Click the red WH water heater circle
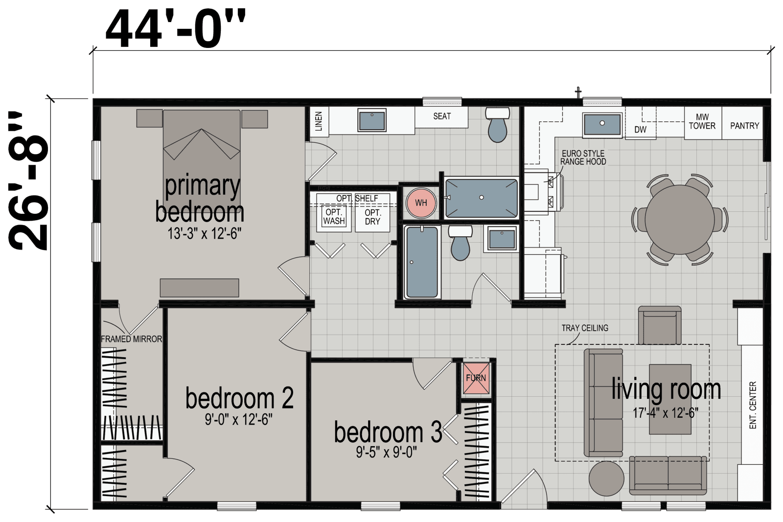pos(421,203)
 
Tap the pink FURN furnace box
pos(476,378)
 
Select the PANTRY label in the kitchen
pos(744,126)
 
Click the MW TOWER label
pos(702,121)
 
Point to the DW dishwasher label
pos(640,130)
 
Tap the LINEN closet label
pos(319,121)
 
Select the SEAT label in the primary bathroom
pos(442,116)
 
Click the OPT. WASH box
pos(334,217)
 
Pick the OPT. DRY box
pos(372,217)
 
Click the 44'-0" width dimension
pos(175,30)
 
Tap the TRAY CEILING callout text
pos(585,328)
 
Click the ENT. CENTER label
pos(753,405)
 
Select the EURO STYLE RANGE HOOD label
pos(583,158)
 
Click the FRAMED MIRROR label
pos(131,339)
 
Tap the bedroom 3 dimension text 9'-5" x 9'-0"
pos(386,453)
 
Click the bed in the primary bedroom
pos(202,147)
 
